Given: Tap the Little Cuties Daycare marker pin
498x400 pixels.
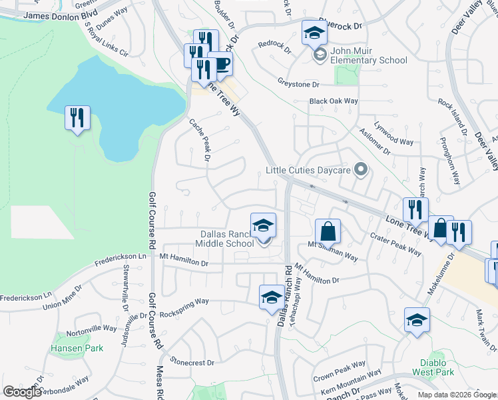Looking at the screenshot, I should (x=361, y=170).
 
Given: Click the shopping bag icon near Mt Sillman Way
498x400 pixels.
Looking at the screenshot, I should (x=328, y=232).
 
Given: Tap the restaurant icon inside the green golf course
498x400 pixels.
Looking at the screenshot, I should (x=77, y=119).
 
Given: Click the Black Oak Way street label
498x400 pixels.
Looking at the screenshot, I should (x=334, y=101).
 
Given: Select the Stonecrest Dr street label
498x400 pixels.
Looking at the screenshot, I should (x=192, y=363).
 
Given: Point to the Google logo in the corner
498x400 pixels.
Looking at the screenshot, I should (x=22, y=392).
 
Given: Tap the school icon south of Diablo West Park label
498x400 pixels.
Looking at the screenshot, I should (x=417, y=321).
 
